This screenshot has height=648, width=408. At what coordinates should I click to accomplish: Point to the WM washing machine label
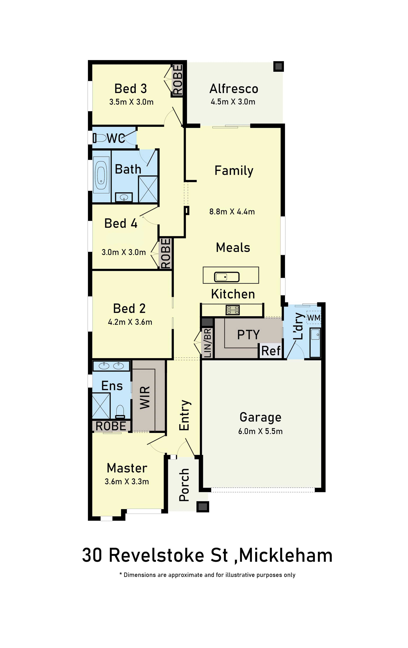tap(314, 318)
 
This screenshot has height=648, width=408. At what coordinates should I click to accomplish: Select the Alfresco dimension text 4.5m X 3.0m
tap(233, 102)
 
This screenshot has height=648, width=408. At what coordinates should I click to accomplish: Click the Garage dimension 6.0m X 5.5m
tap(260, 431)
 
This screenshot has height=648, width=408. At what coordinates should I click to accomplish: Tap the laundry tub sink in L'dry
tap(315, 342)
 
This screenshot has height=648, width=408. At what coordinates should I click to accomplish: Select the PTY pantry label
tap(248, 335)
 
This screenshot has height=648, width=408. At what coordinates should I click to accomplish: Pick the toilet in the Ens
tap(120, 412)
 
